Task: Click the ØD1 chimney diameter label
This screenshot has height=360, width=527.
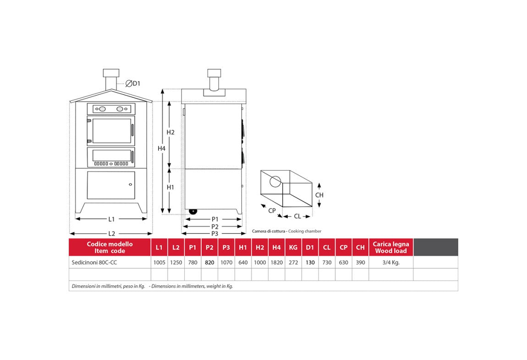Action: point(133,83)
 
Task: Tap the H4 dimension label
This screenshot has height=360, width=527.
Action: point(162,149)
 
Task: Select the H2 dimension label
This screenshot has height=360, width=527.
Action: point(171,132)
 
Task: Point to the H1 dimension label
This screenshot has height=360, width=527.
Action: point(170,187)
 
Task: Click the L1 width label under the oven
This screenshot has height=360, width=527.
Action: point(111,219)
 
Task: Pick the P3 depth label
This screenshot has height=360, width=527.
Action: point(215,233)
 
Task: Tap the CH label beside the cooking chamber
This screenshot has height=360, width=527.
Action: point(319,195)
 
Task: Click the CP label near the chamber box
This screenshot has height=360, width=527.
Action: point(272,210)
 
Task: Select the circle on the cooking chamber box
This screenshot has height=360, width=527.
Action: point(275,182)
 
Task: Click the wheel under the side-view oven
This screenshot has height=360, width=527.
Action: point(193,211)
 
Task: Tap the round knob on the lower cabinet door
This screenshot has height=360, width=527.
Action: point(131,184)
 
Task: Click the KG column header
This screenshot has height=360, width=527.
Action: point(293,248)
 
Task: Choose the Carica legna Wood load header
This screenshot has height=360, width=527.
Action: point(391,248)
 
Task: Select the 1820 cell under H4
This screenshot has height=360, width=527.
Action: point(277,262)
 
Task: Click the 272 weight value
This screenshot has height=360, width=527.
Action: point(293,262)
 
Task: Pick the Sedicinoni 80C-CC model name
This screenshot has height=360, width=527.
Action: point(94,262)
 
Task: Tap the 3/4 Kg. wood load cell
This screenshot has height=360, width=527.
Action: point(391,262)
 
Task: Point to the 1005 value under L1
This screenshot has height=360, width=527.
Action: point(159,262)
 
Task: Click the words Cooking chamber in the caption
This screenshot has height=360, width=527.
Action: point(305,231)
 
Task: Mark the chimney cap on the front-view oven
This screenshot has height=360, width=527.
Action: point(111,72)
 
